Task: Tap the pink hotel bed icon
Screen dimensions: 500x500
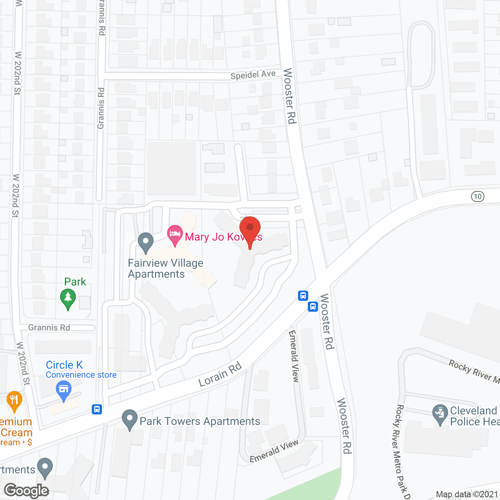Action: point(175,234)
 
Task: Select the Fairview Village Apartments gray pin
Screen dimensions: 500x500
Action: point(146,243)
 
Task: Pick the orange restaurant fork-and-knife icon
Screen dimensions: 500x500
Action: point(14,400)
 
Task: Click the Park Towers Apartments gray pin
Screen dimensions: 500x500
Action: point(129,419)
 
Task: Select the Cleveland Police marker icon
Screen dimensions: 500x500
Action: point(440,414)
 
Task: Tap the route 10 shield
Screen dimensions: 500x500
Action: point(478,196)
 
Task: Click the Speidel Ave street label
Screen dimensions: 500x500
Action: point(253,74)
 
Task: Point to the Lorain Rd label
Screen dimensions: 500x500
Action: point(220,374)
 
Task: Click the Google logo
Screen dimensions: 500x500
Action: point(27,491)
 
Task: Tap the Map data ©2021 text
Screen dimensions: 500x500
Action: point(467,494)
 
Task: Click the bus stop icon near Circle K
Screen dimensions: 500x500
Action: point(97,409)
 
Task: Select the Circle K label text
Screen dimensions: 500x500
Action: point(64,365)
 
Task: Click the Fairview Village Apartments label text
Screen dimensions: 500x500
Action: point(165,268)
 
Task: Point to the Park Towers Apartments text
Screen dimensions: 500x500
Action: point(200,421)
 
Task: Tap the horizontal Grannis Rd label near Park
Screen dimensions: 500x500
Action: point(49,327)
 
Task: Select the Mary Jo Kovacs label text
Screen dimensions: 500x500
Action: point(223,237)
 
